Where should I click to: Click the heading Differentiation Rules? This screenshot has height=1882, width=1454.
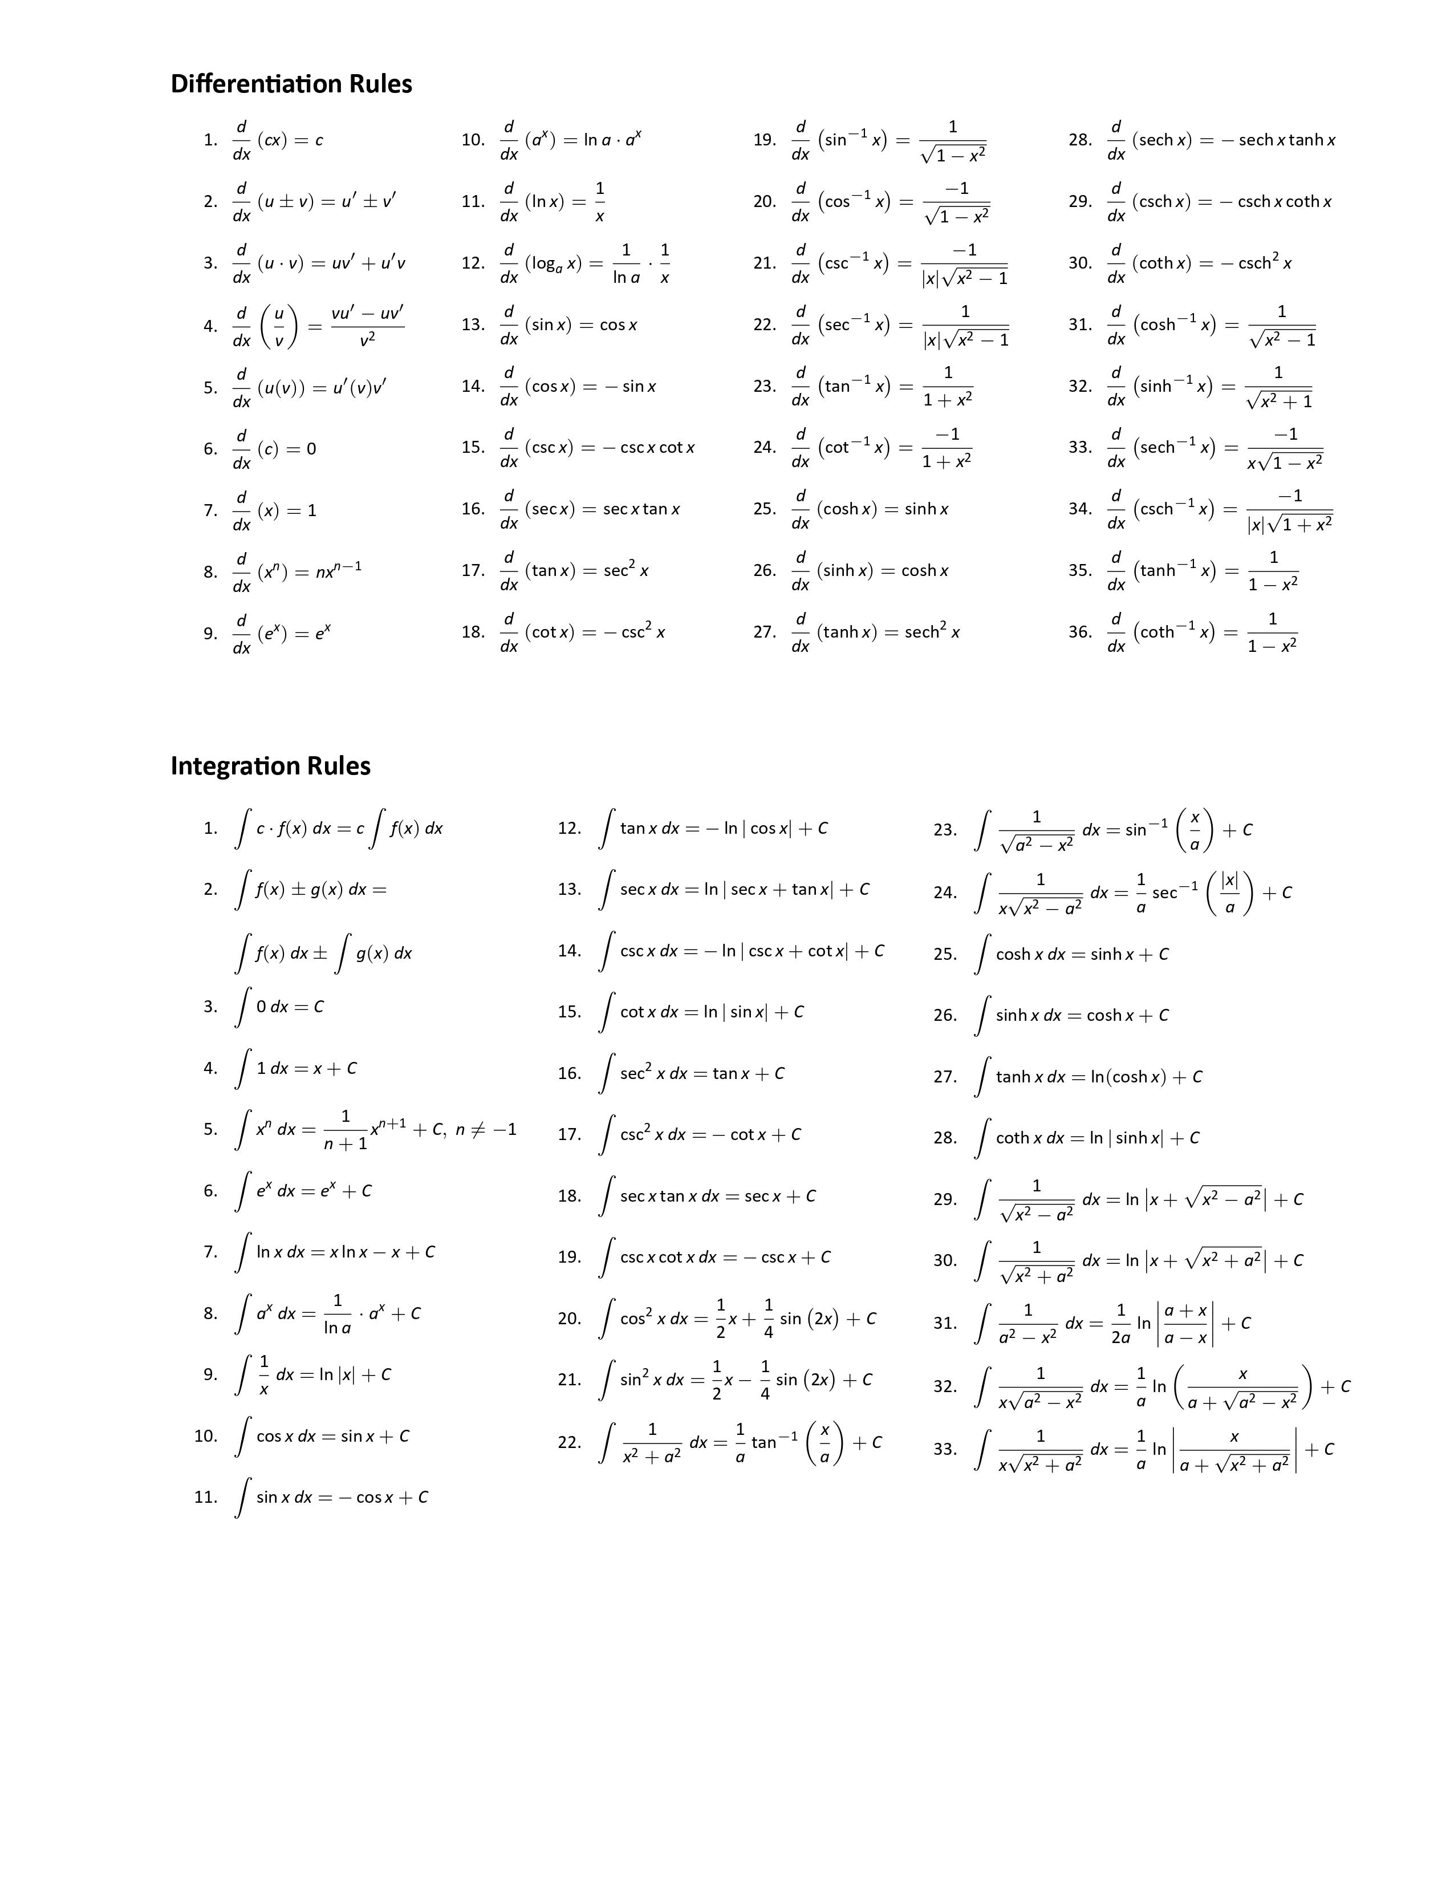coord(291,84)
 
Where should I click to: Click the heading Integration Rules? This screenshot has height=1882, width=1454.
coord(270,765)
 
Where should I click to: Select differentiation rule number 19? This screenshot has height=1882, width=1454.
coord(764,140)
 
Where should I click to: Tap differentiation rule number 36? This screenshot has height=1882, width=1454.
coord(1080,632)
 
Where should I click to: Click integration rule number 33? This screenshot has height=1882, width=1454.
coord(945,1449)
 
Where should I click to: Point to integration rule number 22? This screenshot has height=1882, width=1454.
coord(570,1442)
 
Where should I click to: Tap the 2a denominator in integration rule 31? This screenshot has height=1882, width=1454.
coord(1120,1337)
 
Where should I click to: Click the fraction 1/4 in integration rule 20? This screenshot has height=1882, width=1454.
coord(769,1319)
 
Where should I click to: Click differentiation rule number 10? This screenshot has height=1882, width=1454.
coord(473,140)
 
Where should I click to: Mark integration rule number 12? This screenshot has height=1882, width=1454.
coord(570,828)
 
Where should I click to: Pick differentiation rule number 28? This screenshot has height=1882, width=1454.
coord(1080,140)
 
